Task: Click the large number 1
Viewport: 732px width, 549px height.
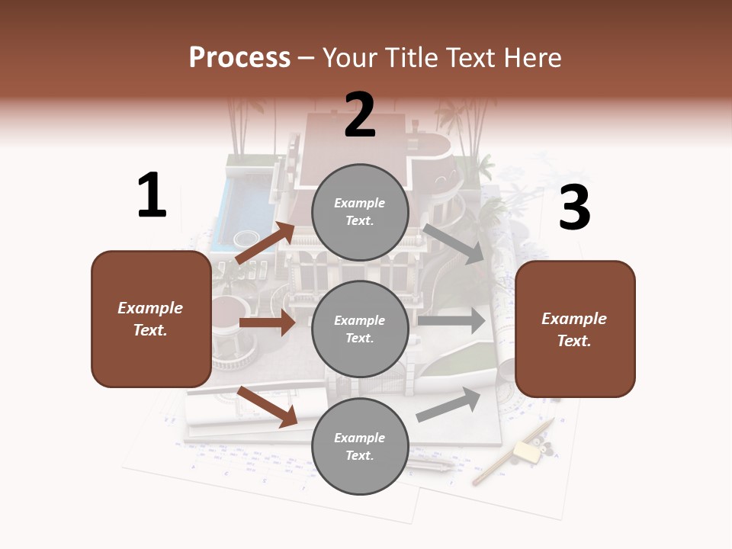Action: [x=152, y=196]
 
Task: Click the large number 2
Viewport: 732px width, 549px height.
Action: [x=360, y=115]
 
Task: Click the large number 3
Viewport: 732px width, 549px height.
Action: [x=574, y=208]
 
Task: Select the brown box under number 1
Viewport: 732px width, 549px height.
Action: [x=151, y=319]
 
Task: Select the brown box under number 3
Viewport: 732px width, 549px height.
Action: [x=575, y=329]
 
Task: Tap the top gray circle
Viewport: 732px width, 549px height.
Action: [x=360, y=212]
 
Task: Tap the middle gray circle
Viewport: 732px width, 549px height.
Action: [x=360, y=329]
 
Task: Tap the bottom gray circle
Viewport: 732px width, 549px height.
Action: [x=360, y=446]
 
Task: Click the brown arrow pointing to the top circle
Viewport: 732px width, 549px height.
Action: [x=265, y=243]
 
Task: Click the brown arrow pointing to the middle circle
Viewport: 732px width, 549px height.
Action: [x=267, y=323]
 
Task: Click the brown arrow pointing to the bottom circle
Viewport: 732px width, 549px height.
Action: [x=267, y=406]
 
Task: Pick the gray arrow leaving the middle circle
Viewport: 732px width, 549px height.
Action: [x=451, y=321]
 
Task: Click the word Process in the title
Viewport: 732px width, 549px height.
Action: [x=239, y=57]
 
